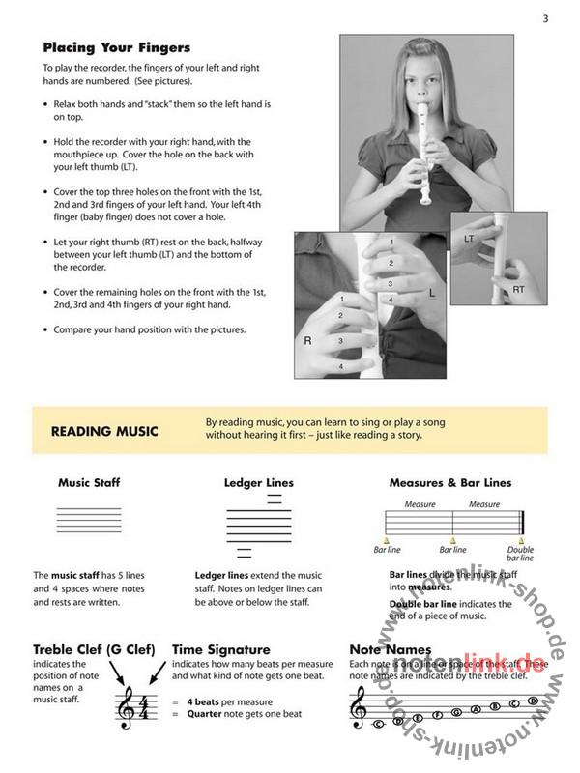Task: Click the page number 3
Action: [x=545, y=18]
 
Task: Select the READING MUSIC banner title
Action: [x=104, y=431]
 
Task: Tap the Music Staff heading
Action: [x=89, y=482]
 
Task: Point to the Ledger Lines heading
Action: [x=258, y=482]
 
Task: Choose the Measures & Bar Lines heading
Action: [x=450, y=482]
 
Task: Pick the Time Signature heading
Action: [x=220, y=649]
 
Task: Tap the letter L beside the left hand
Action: [x=432, y=289]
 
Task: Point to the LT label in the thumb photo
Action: [x=469, y=237]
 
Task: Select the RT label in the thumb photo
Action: [x=519, y=288]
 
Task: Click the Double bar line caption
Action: [x=520, y=554]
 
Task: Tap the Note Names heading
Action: [x=391, y=649]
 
